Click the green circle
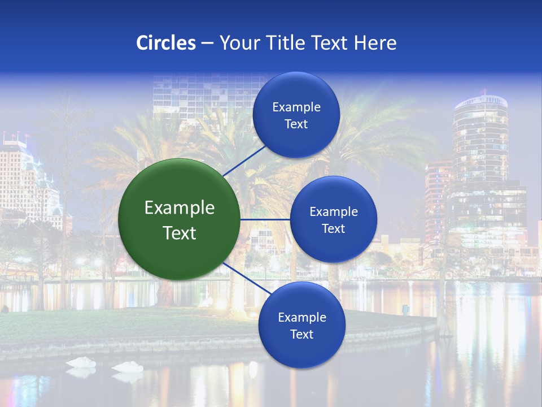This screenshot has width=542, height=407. point(180,219)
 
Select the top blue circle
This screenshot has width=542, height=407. point(296,115)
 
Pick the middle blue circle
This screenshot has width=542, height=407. point(333,219)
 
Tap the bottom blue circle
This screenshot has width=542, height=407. point(301,325)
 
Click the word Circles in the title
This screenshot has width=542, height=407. point(166,43)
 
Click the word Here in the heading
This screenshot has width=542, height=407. point(375,43)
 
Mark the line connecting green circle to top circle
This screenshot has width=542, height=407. point(244,160)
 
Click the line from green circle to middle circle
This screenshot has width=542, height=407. point(265,219)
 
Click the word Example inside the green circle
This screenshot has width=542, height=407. point(180,208)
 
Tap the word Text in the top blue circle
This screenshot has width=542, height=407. point(296,124)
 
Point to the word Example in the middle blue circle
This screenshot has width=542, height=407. point(333,212)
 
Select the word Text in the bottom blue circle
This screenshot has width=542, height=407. point(301,334)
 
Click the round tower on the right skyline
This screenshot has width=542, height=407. point(480,136)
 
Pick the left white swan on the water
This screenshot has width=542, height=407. point(81,362)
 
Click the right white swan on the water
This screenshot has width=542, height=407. point(128,367)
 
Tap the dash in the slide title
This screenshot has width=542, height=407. point(207,44)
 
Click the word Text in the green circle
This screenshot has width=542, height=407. point(180,233)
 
